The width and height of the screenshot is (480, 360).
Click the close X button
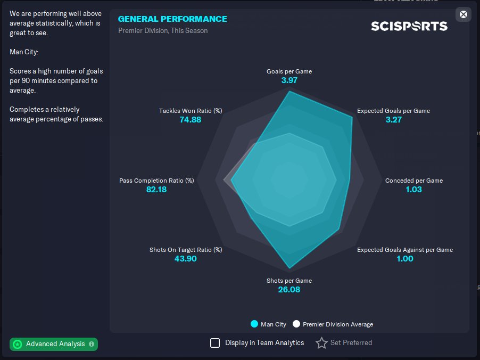[464, 14]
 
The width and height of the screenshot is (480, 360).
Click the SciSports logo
[409, 26]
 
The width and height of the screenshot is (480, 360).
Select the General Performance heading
[172, 19]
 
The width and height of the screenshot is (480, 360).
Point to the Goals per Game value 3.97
[289, 80]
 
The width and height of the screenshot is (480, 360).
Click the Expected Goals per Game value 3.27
[393, 120]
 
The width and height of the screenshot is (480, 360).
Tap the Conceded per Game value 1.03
[413, 190]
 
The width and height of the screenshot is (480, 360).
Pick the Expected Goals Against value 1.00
[404, 259]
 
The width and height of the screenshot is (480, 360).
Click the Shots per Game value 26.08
[289, 290]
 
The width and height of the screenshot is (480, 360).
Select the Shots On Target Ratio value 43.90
[186, 259]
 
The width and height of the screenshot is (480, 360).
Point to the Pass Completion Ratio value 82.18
[156, 190]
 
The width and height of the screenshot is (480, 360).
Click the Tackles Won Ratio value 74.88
[191, 120]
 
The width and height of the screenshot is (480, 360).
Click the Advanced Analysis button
[54, 344]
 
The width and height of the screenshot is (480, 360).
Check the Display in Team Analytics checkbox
[215, 343]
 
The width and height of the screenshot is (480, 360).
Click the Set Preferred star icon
[321, 343]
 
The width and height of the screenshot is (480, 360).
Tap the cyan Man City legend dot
[254, 324]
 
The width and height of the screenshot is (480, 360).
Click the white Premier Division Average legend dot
[296, 324]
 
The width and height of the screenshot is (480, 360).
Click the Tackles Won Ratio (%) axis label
[191, 111]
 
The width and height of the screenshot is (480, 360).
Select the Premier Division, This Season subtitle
[163, 31]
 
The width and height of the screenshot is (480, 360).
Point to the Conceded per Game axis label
[413, 181]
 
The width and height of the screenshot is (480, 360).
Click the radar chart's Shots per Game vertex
[289, 268]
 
